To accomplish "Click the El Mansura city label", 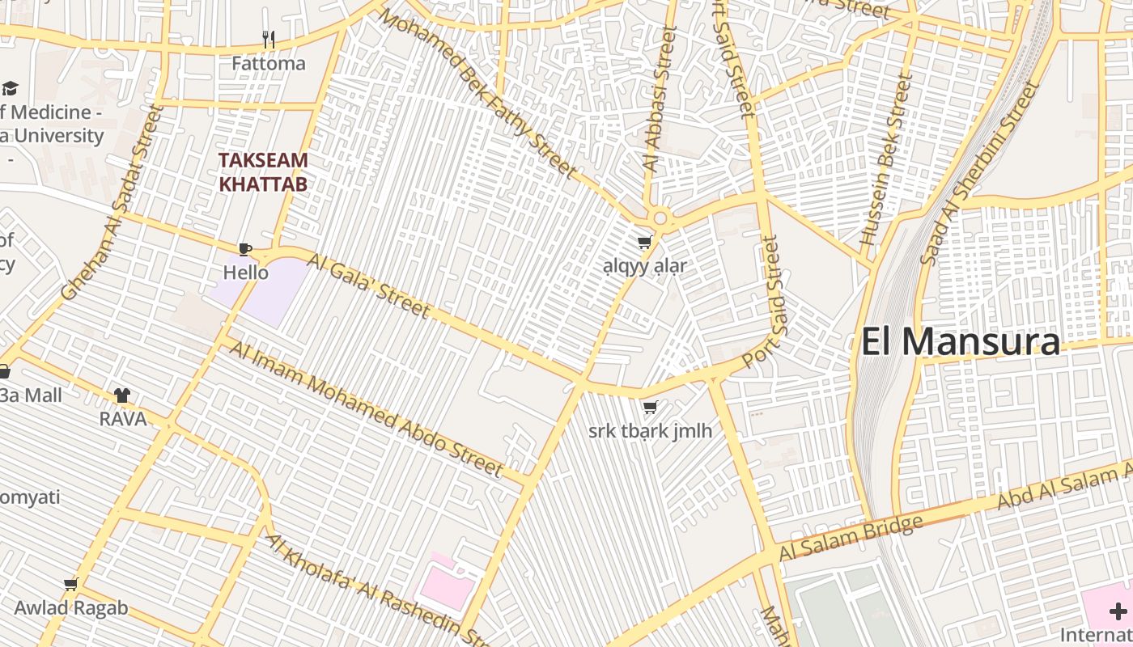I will point(960,341).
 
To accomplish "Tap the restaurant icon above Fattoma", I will point(269,39).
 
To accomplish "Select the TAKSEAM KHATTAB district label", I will point(264,171).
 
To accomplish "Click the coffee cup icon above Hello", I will point(245,248).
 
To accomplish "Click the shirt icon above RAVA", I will point(122,395).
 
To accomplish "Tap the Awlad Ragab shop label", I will point(71,608).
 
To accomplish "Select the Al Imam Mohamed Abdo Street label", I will point(367,409).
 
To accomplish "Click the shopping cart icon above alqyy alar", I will point(645,242).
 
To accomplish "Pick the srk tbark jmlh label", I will point(650,430).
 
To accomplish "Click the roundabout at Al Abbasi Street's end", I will point(660,218).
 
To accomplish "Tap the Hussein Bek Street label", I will point(885,160).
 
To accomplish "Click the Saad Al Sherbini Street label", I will point(979,172).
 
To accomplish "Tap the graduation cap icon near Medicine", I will point(10,87).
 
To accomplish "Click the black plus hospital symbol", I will point(1118,611).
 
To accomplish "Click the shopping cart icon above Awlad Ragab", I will point(71,584).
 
